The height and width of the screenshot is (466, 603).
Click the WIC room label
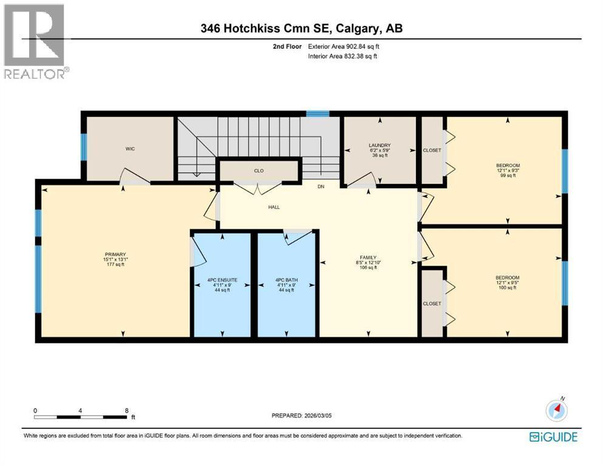130,149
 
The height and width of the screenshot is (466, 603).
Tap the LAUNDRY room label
380,145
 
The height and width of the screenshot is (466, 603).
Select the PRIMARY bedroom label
115,254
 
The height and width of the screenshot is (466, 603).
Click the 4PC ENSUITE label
222,280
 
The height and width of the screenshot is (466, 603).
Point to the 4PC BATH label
287,280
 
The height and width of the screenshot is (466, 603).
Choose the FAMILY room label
368,257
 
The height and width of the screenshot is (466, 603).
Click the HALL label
274,207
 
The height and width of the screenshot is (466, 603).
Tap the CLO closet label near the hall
259,171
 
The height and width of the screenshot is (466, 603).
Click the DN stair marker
321,187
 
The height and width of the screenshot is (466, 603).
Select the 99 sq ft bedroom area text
508,175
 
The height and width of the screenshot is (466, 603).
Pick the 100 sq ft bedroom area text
508,288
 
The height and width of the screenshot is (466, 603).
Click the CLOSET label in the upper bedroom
432,150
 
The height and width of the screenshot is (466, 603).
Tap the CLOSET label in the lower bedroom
432,303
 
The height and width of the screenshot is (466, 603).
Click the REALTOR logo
36,41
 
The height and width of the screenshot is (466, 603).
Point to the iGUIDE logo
553,437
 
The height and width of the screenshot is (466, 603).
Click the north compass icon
556,410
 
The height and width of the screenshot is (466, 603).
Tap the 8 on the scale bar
126,411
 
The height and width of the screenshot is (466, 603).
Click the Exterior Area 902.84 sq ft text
344,47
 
